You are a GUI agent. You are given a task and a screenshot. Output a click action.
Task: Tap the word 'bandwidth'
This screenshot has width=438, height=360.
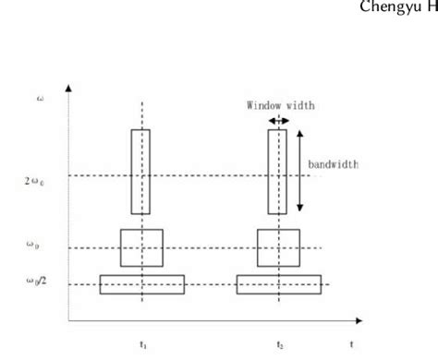click(x=333, y=165)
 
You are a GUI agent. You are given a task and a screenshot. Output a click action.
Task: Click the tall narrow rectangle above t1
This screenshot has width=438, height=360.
click(x=140, y=171)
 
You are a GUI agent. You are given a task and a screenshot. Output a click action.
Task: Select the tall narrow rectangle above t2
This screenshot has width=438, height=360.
click(x=277, y=171)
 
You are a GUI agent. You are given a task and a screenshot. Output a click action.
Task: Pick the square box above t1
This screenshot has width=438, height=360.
click(x=141, y=247)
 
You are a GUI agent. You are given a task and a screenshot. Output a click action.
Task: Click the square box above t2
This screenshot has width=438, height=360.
click(x=278, y=247)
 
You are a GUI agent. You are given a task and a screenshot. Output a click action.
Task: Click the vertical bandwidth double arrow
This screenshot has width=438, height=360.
click(x=299, y=172)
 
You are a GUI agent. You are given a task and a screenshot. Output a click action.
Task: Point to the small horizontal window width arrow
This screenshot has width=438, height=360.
click(x=276, y=120)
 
